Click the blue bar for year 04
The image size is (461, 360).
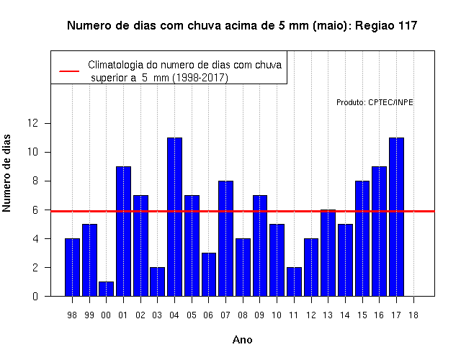[x=174, y=217]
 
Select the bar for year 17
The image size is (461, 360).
[x=396, y=217]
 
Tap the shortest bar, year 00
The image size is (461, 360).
[x=106, y=289]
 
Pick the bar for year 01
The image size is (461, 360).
[x=123, y=231]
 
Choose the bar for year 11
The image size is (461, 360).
[x=294, y=282]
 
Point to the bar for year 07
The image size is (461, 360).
[x=225, y=238]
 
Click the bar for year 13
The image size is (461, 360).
[x=328, y=253]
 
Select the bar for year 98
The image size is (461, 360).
[x=72, y=267]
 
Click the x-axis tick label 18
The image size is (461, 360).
[x=413, y=315]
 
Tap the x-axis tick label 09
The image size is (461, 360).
[x=259, y=315]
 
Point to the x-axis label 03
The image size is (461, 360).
[x=157, y=315]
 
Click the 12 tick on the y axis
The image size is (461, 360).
[x=33, y=123]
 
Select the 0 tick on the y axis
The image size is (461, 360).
[x=35, y=296]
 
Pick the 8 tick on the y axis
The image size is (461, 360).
[x=35, y=181]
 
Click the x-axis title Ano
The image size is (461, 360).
[x=242, y=340]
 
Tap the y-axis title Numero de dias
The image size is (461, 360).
[x=6, y=174]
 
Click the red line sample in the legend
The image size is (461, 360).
[x=69, y=71]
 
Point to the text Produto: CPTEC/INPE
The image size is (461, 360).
[x=375, y=102]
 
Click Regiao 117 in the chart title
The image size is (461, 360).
[x=386, y=26]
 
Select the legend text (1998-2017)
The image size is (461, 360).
[x=200, y=78]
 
